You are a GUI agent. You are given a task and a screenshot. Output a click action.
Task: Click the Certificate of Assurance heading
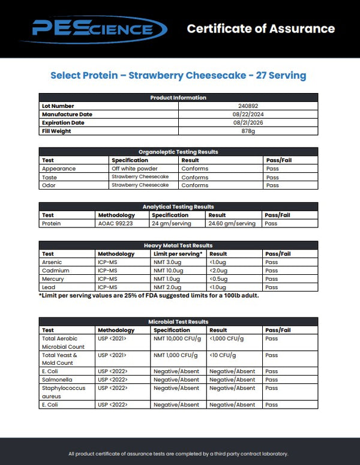coord(260,28)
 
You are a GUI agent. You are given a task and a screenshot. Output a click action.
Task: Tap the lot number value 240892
coord(248,106)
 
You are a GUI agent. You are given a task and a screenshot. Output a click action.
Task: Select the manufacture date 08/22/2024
coord(248,115)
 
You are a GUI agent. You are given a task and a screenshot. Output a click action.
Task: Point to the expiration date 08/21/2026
coord(248,123)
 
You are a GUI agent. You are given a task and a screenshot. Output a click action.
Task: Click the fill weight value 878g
coord(248,131)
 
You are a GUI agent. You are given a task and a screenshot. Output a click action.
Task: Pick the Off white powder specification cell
coord(135,169)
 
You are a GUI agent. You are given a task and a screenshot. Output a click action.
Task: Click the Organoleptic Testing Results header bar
coord(178,152)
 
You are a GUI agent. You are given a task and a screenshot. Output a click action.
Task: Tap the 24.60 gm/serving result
coord(232,223)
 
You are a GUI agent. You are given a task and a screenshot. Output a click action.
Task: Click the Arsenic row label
coord(52,262)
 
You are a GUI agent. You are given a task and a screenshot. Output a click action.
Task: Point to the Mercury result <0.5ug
coord(218,279)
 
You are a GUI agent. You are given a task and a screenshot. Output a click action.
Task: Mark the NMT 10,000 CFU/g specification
coord(176,338)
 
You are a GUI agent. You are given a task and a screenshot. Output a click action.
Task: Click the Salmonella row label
coord(55,380)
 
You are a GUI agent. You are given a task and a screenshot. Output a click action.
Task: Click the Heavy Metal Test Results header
coord(178,245)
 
